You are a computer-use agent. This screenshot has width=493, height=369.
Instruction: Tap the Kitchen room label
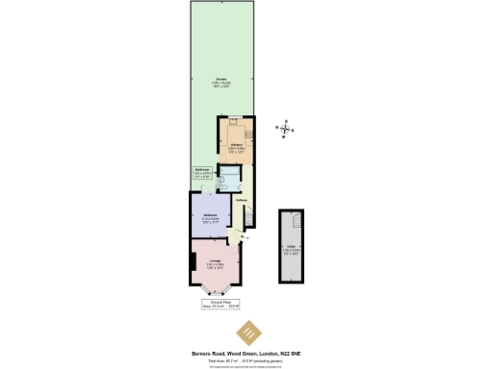point(235,146)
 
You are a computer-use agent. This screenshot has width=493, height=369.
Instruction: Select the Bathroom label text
point(202,170)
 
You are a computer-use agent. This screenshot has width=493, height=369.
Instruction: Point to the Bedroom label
point(210,214)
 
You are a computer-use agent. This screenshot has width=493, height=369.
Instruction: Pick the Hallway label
point(243,199)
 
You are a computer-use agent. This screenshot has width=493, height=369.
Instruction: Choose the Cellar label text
point(291,248)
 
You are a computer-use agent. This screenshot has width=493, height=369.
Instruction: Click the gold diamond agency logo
point(247,331)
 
